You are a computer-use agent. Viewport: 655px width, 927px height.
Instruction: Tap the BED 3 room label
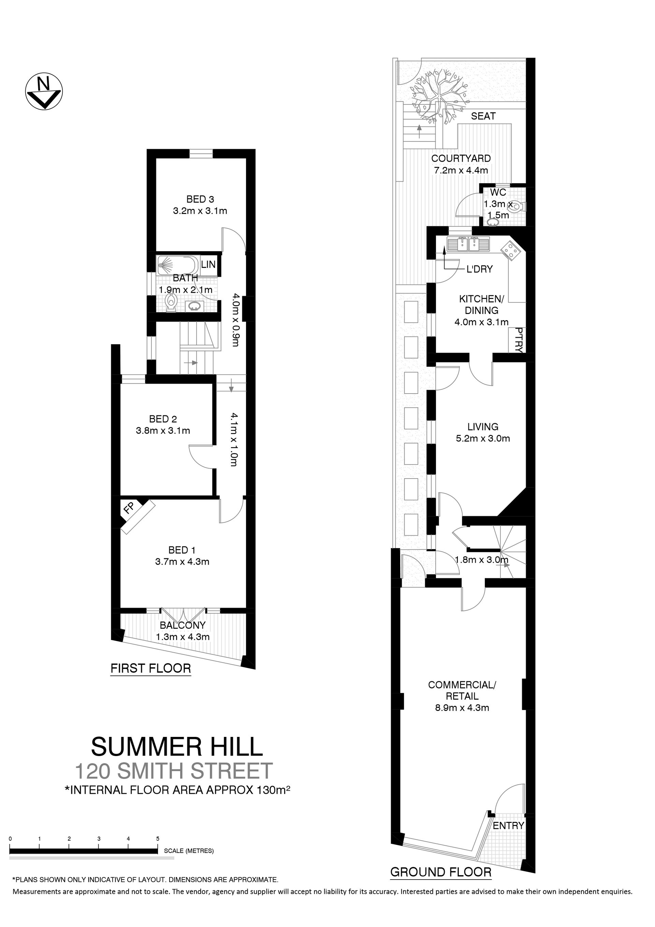pos(200,199)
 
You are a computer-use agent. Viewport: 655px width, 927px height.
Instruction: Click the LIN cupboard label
pos(208,265)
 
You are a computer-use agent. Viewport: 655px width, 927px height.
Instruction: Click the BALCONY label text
pos(183,625)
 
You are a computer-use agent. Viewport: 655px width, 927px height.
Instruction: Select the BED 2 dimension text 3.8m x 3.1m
pos(163,431)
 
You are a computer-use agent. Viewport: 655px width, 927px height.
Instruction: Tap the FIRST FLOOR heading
pos(150,668)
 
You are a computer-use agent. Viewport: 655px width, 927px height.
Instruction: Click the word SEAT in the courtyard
pos(483,116)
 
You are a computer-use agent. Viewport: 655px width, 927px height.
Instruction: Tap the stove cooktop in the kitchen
pos(511,250)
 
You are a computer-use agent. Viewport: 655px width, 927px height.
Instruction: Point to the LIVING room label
pos(483,427)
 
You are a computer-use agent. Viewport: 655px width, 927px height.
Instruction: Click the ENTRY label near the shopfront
pos(508,826)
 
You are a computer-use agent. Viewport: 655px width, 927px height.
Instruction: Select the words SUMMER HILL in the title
pos(177,746)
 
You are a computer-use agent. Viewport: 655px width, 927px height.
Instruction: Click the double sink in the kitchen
pos(468,244)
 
